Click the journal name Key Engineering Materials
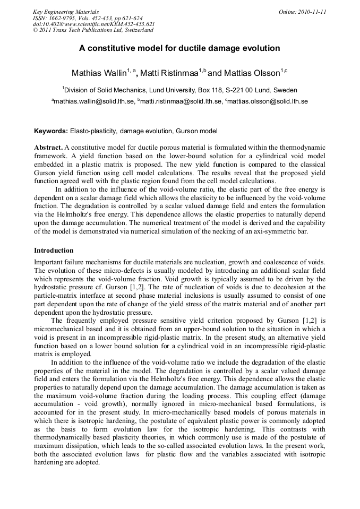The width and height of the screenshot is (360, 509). (65, 12)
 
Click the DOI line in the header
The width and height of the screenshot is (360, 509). (93, 24)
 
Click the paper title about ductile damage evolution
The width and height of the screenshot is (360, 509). (179, 48)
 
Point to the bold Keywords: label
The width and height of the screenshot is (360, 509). (51, 131)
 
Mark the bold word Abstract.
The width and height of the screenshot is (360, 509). (48, 147)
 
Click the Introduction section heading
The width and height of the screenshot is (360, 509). (54, 250)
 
